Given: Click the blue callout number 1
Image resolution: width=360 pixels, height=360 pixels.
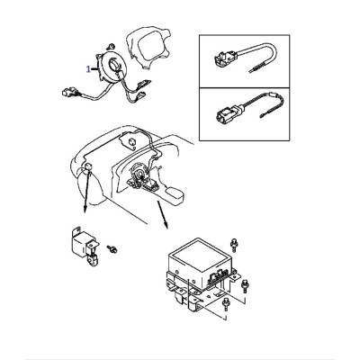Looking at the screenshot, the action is pyautogui.click(x=88, y=69).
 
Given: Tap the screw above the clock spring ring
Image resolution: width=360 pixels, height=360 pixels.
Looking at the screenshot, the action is pyautogui.click(x=111, y=46).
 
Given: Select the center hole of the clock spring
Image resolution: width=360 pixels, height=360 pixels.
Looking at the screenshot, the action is pyautogui.click(x=115, y=64).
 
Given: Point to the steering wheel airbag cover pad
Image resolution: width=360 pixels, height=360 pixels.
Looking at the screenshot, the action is pyautogui.click(x=146, y=47).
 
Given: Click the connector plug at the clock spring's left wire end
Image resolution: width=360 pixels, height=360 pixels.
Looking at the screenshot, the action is pyautogui.click(x=67, y=91).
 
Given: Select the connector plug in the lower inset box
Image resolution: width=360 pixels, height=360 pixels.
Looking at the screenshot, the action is pyautogui.click(x=228, y=115).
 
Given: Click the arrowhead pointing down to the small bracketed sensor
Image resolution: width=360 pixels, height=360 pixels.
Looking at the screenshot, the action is pyautogui.click(x=85, y=210).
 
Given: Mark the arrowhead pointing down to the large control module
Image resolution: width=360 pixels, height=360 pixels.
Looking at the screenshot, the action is pyautogui.click(x=166, y=226).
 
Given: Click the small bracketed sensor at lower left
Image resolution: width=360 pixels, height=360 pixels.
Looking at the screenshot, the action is pyautogui.click(x=85, y=247).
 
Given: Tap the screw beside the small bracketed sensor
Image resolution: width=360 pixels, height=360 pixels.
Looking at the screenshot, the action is pyautogui.click(x=112, y=248).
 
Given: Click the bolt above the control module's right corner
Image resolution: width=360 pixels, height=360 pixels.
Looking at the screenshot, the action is pyautogui.click(x=233, y=245).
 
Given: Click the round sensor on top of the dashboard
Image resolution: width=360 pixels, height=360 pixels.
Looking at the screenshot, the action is pyautogui.click(x=131, y=141).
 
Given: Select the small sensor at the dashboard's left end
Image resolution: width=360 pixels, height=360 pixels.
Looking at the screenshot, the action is pyautogui.click(x=88, y=166).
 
